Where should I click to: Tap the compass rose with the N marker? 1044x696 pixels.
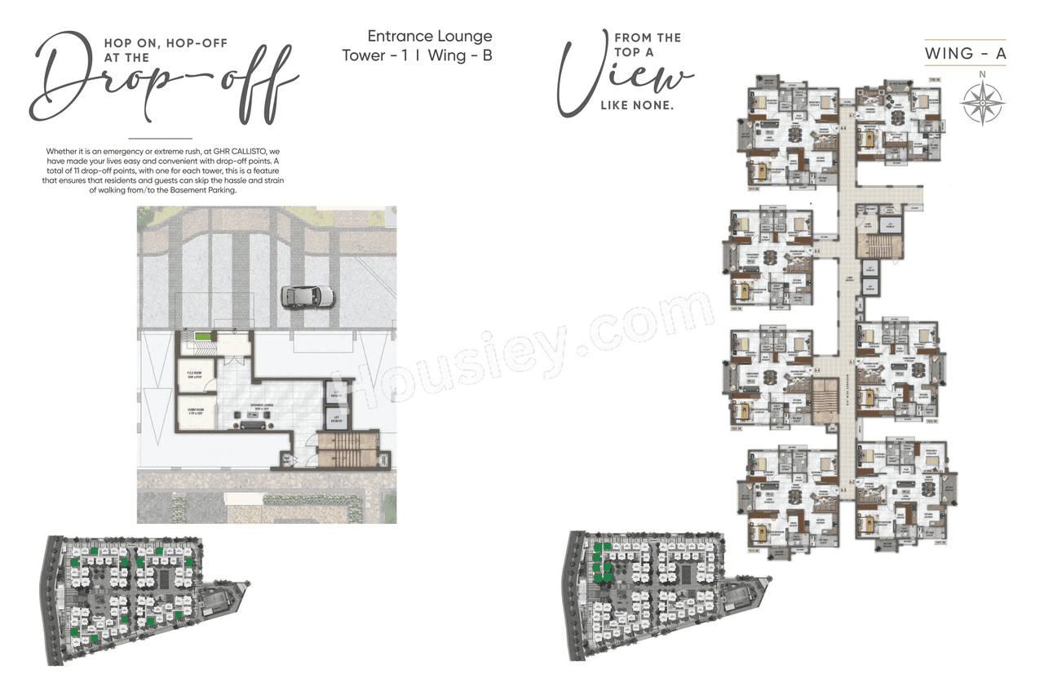coord(981,103)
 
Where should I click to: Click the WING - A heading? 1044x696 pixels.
coord(965,54)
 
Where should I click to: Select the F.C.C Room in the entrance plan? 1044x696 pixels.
coord(194,376)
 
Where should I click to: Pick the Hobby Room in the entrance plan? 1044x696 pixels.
coord(194,412)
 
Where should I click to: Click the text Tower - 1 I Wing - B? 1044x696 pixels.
coord(417,55)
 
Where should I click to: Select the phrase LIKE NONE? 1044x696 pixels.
coord(637,105)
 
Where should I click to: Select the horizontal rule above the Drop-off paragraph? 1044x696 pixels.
coord(160,139)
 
